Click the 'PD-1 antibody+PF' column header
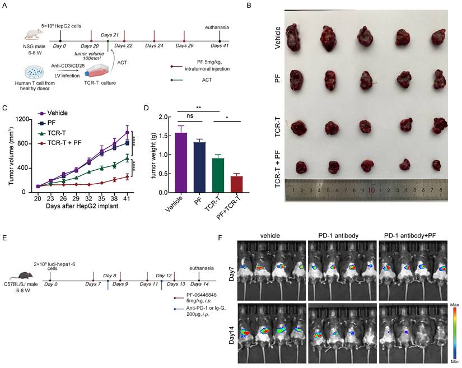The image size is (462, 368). tap(412, 229)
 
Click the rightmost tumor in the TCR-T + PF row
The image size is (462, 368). tap(437, 165)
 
